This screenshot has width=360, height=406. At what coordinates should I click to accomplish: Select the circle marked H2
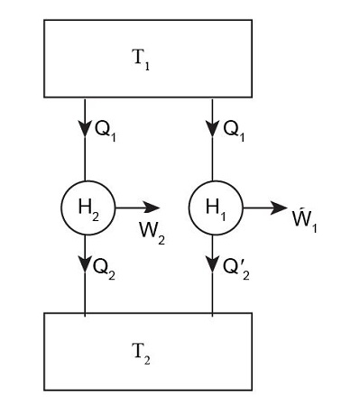pyautogui.click(x=85, y=207)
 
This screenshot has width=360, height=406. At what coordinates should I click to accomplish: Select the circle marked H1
pyautogui.click(x=212, y=207)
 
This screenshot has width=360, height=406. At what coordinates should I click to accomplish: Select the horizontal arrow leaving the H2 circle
pyautogui.click(x=135, y=207)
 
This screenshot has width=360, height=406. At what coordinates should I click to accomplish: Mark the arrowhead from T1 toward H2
pyautogui.click(x=85, y=126)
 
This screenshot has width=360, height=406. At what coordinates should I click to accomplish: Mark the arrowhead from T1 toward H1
pyautogui.click(x=212, y=126)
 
